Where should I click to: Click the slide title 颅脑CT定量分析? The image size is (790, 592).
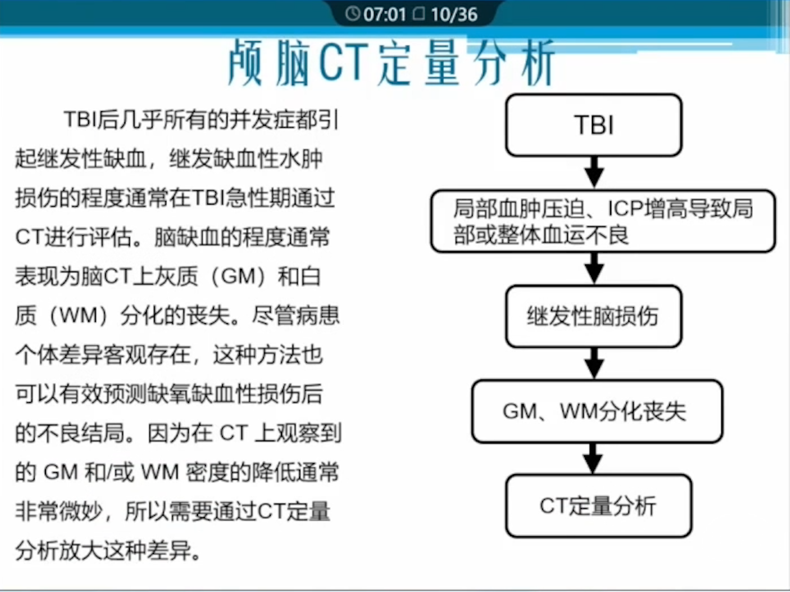pos(391,63)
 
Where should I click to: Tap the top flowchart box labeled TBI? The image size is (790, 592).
pos(593,125)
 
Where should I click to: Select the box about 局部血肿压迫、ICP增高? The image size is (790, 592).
pos(603,221)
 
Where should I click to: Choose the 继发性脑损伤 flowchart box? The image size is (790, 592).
pos(593,316)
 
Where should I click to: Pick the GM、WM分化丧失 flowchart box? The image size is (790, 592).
pos(596,411)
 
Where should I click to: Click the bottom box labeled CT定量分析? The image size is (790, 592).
pos(598,506)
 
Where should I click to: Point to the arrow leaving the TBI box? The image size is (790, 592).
pos(594,172)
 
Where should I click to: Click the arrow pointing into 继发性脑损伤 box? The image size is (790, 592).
pos(594,268)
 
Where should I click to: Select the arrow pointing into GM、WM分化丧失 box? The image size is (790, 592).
pos(594,363)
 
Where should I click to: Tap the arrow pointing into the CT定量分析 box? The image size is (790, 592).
pos(593,458)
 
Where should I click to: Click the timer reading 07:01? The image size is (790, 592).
pos(384,14)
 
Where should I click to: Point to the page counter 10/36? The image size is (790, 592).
pos(454,14)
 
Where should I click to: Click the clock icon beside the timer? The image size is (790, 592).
pos(353,14)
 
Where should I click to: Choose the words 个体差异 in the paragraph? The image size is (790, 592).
pos(59,355)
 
